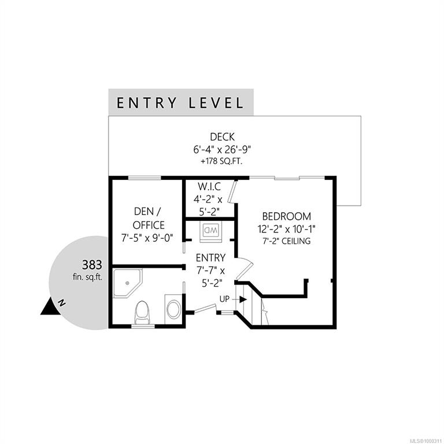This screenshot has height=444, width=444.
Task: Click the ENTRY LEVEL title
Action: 180,103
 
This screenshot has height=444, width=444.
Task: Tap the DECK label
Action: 222,137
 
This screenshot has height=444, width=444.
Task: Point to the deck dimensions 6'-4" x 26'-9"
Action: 222,149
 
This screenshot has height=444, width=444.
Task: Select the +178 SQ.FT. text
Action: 222,161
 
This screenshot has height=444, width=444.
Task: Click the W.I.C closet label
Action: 209,187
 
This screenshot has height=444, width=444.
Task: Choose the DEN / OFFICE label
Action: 149,218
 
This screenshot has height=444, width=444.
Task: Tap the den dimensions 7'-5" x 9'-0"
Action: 147,238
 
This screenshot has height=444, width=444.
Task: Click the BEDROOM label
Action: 287,216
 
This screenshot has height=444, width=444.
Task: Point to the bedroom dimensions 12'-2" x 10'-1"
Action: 287,228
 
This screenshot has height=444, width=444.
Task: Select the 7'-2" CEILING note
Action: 287,241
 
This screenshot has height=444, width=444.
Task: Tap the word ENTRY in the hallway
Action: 210,258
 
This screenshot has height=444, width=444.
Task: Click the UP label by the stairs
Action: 224,299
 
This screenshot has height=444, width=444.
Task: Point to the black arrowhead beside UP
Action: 243,299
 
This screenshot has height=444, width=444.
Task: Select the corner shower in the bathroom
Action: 128,283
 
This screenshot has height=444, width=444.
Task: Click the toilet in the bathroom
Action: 142,313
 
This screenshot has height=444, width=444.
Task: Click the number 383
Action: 92,265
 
